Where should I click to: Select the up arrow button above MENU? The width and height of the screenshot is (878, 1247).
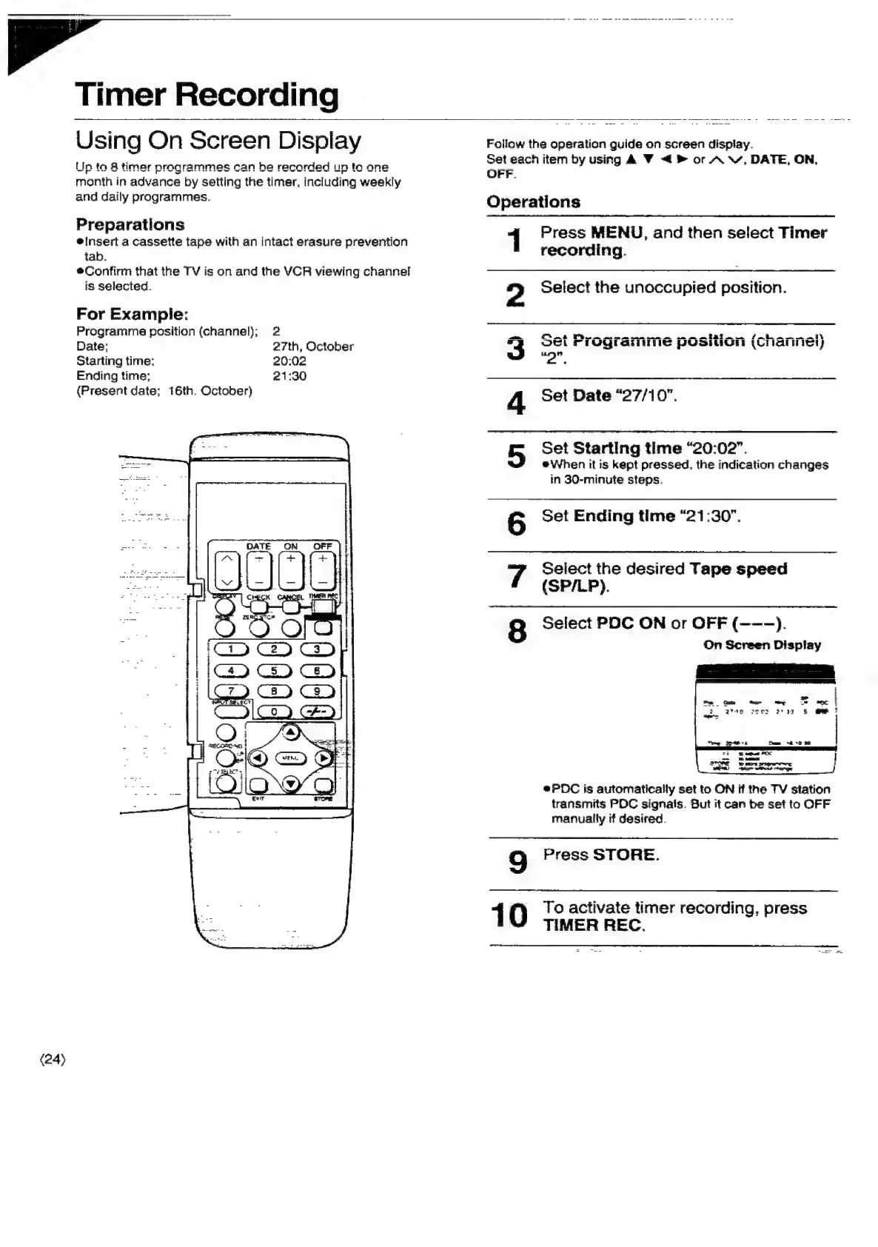(291, 732)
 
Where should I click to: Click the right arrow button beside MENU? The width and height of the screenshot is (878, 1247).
(323, 759)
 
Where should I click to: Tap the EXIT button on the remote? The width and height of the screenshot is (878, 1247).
(258, 785)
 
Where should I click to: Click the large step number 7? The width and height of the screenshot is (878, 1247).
(516, 577)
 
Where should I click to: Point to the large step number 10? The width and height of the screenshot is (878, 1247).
(509, 915)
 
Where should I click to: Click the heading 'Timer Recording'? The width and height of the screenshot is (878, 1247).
(207, 95)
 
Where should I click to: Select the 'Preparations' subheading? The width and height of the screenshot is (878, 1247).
(130, 224)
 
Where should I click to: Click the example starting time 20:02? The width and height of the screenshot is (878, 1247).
(289, 361)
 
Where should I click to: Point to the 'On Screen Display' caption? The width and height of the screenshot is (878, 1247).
(762, 645)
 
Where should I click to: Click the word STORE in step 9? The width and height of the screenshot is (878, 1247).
(625, 855)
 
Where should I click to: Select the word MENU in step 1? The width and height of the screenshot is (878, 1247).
(617, 233)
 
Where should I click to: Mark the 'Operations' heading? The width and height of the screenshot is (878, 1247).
(533, 201)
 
